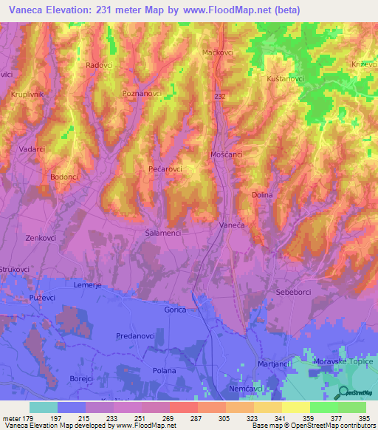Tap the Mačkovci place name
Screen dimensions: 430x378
tap(218, 53)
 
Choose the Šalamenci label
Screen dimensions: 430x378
tap(159, 232)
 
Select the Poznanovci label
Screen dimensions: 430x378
tap(142, 95)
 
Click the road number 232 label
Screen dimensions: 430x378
tap(219, 97)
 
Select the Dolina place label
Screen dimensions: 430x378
tap(262, 195)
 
